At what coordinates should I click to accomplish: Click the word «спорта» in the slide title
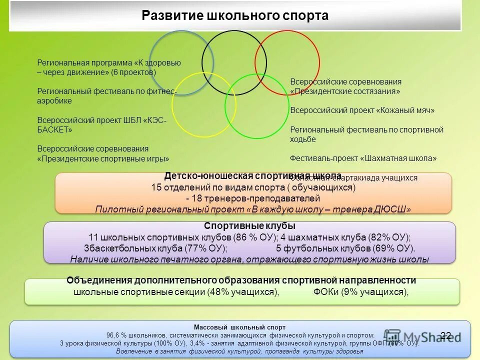click(x=304, y=15)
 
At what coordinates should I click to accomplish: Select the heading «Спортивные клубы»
click(x=250, y=226)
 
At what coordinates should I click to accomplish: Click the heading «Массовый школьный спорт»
click(x=239, y=326)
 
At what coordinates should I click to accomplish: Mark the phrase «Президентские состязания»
click(x=345, y=91)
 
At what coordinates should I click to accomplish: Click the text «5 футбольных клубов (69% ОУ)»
click(x=345, y=248)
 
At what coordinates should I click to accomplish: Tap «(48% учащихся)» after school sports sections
click(x=242, y=292)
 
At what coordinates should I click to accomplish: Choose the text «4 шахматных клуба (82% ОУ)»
click(x=345, y=237)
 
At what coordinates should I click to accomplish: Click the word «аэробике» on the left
click(x=54, y=101)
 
